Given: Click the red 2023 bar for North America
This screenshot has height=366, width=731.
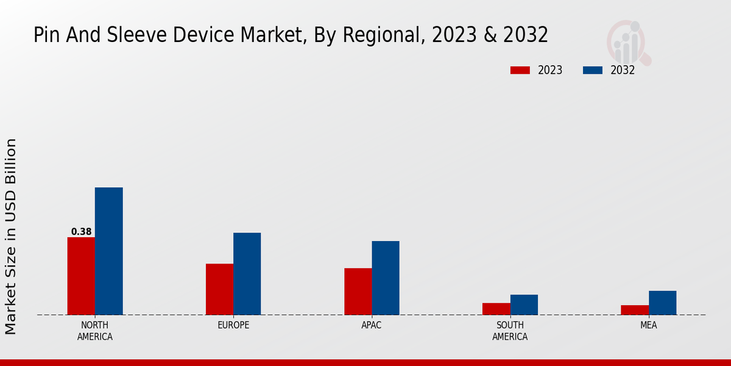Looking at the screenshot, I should coord(81,276).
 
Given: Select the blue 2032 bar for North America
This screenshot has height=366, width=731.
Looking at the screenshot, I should coord(108,251).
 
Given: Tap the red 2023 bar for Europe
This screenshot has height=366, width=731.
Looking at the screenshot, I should coord(219,289).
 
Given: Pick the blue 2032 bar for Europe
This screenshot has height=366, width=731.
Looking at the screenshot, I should coord(247,273).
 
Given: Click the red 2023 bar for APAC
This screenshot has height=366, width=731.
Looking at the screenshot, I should coord(358,292).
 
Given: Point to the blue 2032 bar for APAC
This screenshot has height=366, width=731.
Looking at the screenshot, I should coord(386,278).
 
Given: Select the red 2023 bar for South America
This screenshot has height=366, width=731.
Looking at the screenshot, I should coord(496,309).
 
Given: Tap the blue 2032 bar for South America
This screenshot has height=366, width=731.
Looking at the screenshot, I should coord(524,304).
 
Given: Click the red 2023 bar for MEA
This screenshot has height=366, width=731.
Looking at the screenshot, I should coord(635,310).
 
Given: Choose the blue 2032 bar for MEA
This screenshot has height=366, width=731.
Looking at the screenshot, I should coord(662,303).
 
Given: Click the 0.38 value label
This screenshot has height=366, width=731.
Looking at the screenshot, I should coord(81,232).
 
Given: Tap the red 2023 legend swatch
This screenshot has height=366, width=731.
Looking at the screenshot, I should coord(520,70).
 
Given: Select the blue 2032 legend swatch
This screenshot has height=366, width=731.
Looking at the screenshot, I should coord(593,70).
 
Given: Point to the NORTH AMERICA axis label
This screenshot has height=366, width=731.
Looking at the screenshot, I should coord(95,331).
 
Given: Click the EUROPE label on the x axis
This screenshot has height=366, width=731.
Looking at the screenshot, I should coord(233,325).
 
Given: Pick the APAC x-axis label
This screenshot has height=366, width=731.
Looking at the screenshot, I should coord(372,325).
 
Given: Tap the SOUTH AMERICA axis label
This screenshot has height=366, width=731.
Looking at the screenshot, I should coord(510,331).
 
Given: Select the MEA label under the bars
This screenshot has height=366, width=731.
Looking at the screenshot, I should coord(648,325).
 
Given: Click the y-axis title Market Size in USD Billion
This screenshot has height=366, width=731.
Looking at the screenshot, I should coord(11,236).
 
